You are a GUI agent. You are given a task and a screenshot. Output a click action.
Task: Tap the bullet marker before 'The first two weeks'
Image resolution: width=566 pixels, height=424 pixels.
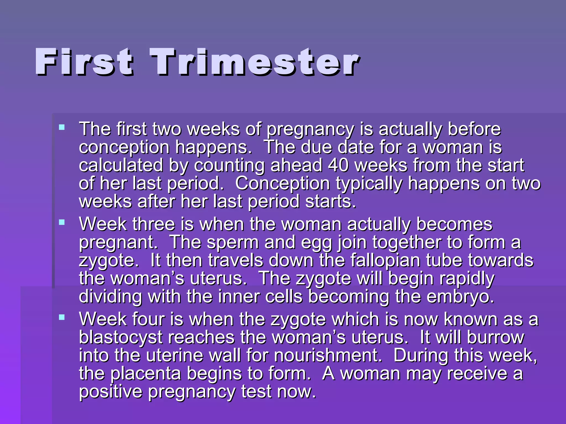[62, 127]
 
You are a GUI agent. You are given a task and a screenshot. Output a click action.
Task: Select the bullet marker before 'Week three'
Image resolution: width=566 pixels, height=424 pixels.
[62, 222]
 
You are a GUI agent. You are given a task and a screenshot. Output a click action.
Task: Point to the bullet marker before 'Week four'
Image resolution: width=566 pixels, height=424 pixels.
[62, 317]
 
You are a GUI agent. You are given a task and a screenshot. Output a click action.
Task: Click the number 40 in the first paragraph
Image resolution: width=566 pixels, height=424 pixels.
[338, 165]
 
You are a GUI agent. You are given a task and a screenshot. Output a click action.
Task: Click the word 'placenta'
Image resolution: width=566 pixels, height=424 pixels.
[146, 374]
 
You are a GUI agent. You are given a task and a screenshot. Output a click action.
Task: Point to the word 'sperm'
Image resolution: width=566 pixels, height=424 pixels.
[233, 242]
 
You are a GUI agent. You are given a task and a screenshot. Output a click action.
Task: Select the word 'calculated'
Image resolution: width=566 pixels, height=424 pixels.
[121, 165]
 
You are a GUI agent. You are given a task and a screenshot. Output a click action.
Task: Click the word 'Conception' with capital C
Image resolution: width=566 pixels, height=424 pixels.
[282, 184]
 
